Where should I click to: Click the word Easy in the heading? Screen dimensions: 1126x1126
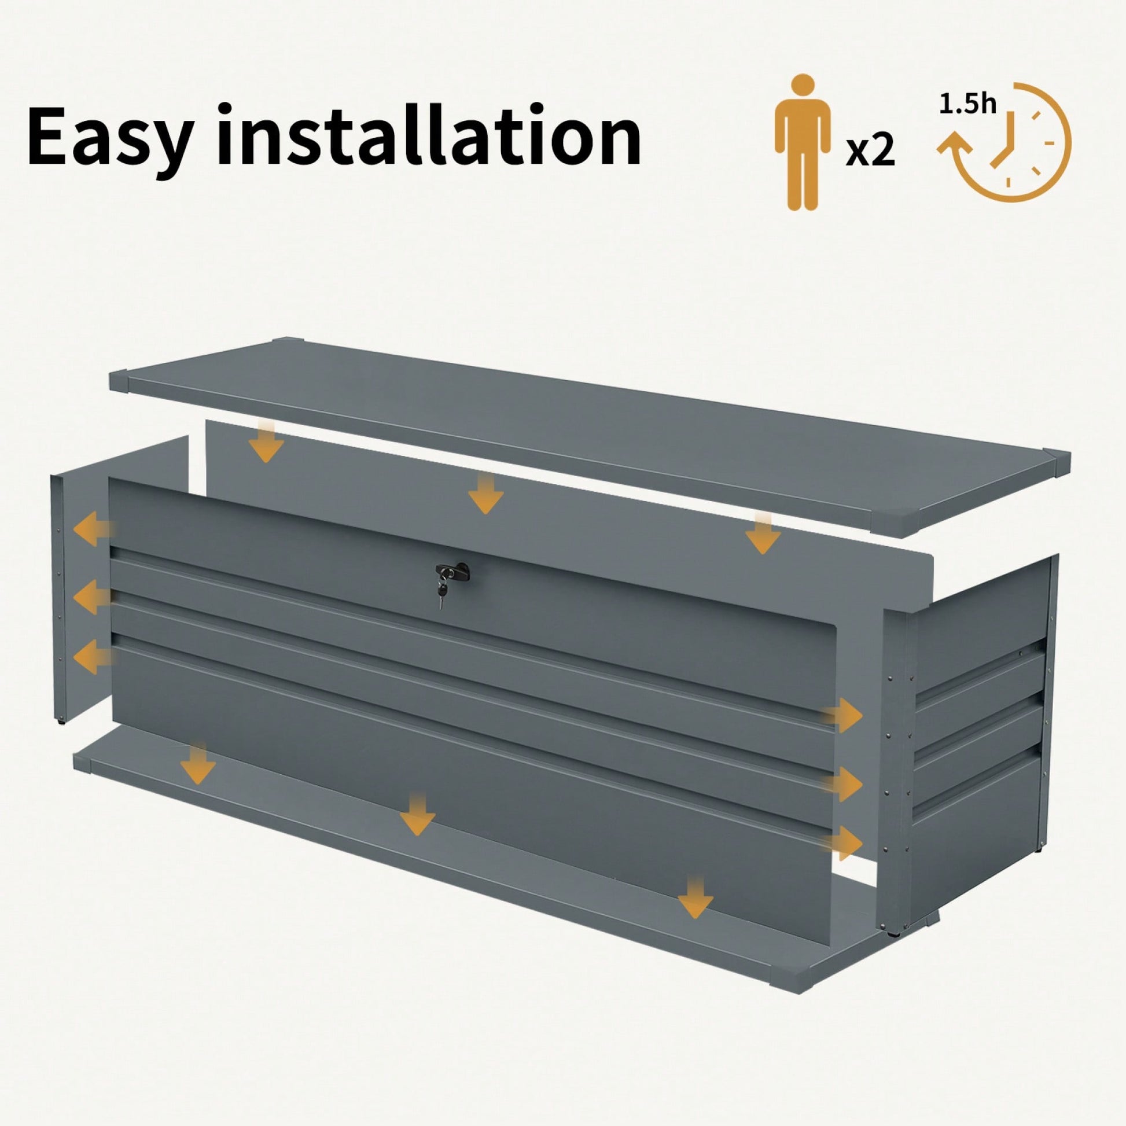[108, 137]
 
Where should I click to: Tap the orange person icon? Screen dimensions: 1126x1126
[802, 150]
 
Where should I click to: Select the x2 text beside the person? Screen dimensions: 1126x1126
[870, 152]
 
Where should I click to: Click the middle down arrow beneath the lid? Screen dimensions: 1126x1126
[485, 492]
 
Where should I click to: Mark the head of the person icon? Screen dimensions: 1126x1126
[803, 100]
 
